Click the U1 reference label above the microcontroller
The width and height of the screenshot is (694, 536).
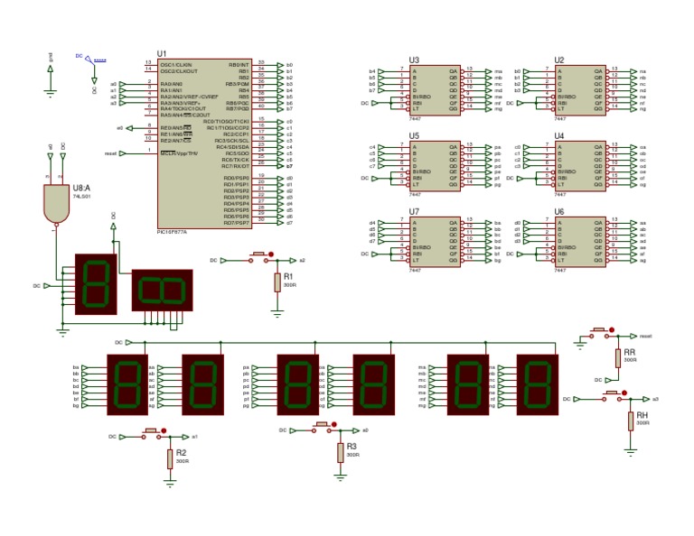162,54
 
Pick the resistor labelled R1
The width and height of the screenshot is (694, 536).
278,282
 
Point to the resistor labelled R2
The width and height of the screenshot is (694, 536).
169,458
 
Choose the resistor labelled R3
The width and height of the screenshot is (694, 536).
340,451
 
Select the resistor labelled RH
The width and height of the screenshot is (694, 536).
630,421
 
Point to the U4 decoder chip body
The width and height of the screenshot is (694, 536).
580,164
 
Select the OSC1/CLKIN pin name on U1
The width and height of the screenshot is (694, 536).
176,65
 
